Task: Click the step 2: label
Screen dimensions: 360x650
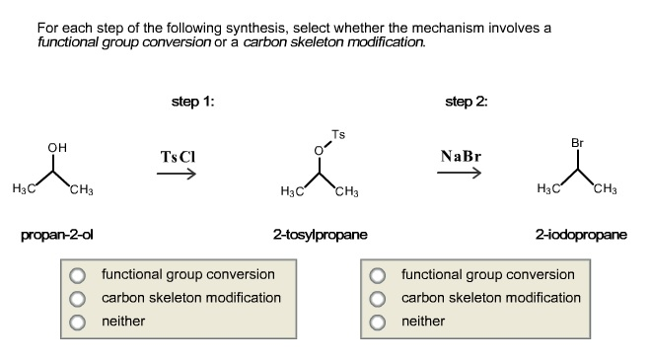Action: click(x=465, y=102)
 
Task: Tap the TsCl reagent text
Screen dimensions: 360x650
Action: click(x=177, y=156)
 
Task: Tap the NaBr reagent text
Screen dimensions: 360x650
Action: click(x=460, y=156)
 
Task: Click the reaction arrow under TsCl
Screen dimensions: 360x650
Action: click(x=177, y=173)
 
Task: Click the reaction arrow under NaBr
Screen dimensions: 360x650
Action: click(x=459, y=173)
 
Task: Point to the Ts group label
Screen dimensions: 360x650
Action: click(x=338, y=134)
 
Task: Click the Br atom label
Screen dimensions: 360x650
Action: click(x=577, y=143)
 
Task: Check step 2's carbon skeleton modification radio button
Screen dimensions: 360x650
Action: click(x=377, y=298)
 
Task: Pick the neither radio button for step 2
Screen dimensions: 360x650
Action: click(x=377, y=322)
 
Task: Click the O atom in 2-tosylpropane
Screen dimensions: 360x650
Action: click(x=318, y=150)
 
